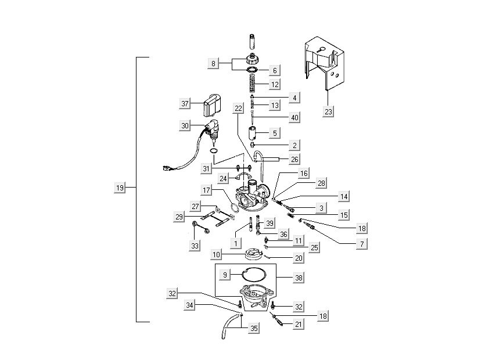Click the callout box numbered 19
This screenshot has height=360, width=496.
click(x=119, y=188)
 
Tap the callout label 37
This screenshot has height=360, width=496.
click(x=185, y=104)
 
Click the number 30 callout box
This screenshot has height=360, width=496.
click(x=185, y=125)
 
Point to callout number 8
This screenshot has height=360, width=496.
click(x=214, y=64)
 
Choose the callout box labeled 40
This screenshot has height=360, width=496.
click(x=294, y=117)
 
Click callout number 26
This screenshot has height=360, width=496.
click(x=294, y=159)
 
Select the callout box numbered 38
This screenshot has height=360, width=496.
click(x=299, y=278)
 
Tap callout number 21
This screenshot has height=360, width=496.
click(x=299, y=325)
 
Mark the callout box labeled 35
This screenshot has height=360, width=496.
click(x=254, y=328)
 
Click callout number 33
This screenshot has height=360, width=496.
click(x=195, y=246)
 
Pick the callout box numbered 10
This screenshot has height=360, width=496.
click(x=215, y=255)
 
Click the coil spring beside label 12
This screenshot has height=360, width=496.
click(x=253, y=85)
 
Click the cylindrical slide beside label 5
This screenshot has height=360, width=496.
click(x=253, y=132)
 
